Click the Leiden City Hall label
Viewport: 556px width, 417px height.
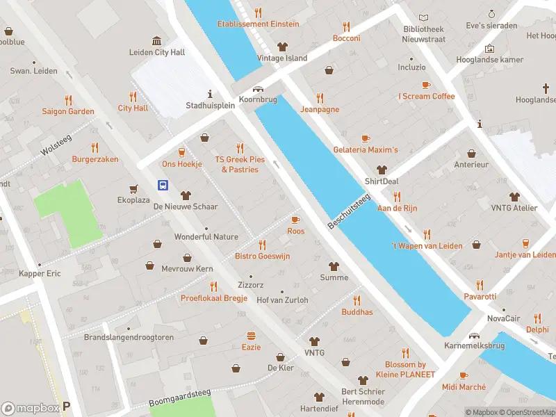pos(157,52)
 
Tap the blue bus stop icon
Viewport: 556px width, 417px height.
pos(163,185)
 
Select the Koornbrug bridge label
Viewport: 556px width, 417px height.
pos(258,100)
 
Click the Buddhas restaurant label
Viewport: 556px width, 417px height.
pos(357,312)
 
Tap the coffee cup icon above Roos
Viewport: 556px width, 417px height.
pos(295,220)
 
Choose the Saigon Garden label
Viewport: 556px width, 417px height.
pos(68,111)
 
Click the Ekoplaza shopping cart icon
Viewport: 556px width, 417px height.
pos(133,188)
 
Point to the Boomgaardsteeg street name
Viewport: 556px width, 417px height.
pos(180,398)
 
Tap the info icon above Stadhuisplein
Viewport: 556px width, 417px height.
pos(209,94)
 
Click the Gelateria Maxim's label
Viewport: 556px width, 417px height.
pos(366,150)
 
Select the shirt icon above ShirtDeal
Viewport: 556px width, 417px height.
pos(381,170)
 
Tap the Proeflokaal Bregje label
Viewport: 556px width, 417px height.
pos(213,298)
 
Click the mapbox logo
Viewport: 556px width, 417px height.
pos(29,409)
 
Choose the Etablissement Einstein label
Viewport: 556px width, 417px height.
pos(258,24)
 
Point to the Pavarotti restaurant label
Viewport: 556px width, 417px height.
pos(480,297)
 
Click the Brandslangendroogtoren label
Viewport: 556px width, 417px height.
pos(129,337)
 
